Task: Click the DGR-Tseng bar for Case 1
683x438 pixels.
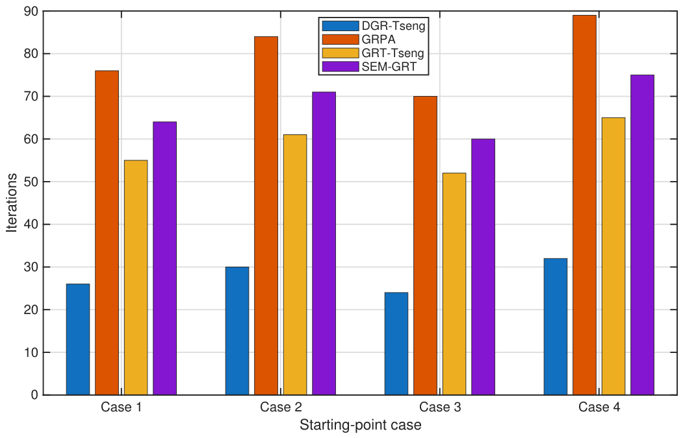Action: pyautogui.click(x=78, y=339)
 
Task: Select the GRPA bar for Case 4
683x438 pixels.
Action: pyautogui.click(x=585, y=205)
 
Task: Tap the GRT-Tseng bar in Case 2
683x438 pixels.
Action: pyautogui.click(x=295, y=265)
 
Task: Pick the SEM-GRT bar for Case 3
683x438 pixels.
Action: pyautogui.click(x=483, y=267)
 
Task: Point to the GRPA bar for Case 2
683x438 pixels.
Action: pyautogui.click(x=266, y=215)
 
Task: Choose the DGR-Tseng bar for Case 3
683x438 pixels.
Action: pyautogui.click(x=396, y=344)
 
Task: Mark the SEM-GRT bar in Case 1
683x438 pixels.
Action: pyautogui.click(x=164, y=258)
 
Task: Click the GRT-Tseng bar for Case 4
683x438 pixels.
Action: pyautogui.click(x=613, y=256)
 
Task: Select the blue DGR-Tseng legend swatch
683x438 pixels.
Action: pyautogui.click(x=341, y=26)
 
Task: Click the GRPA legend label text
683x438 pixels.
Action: pyautogui.click(x=378, y=40)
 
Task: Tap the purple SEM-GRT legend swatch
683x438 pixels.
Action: pyautogui.click(x=341, y=67)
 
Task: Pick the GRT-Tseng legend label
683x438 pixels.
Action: pyautogui.click(x=393, y=53)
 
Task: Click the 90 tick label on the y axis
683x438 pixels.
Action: pyautogui.click(x=31, y=11)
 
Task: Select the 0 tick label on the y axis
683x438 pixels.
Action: pyautogui.click(x=35, y=395)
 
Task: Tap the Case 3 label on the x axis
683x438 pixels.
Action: pyautogui.click(x=440, y=407)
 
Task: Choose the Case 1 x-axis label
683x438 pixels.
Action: pyautogui.click(x=122, y=407)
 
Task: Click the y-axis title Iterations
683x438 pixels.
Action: pyautogui.click(x=12, y=202)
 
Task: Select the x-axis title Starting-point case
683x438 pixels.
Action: pyautogui.click(x=361, y=425)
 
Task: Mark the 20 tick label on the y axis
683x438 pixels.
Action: pyautogui.click(x=31, y=310)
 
